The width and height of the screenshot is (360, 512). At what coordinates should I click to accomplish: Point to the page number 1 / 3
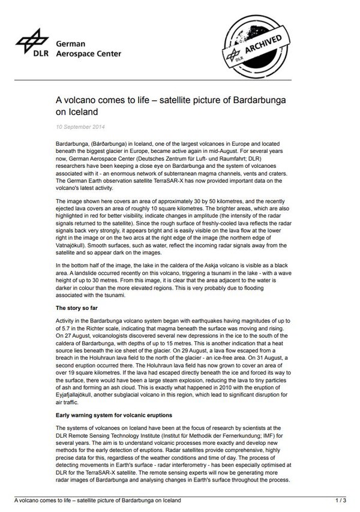340,500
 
